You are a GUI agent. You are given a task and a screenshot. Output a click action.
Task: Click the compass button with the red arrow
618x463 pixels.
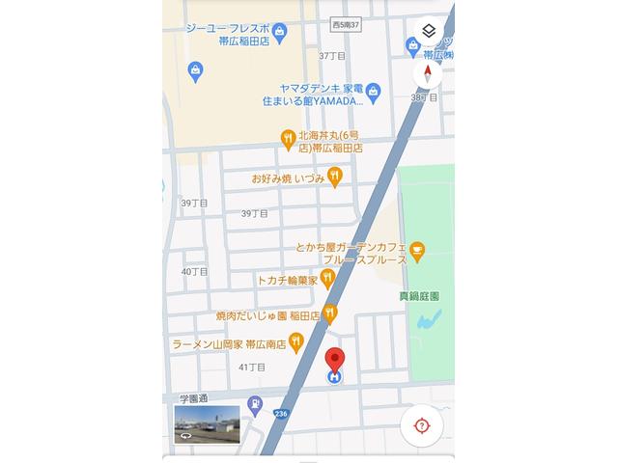428,74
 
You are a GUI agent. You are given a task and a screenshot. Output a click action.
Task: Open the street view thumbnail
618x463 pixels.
207,423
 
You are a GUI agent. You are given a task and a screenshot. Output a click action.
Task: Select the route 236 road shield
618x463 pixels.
280,414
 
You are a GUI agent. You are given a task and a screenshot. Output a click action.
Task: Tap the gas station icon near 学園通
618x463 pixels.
253,405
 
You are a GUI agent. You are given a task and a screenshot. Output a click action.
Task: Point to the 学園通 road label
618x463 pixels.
192,398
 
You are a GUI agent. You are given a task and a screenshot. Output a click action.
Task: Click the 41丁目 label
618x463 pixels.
251,367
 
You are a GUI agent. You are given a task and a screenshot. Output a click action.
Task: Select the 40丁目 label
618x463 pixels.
195,272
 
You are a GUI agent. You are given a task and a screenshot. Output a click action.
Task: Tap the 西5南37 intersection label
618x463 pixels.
344,23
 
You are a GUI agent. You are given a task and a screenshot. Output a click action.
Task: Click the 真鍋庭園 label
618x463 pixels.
419,297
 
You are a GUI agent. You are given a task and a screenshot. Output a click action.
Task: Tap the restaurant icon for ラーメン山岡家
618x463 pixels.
296,340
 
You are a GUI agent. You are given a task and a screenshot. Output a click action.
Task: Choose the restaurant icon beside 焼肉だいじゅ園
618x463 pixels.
330,313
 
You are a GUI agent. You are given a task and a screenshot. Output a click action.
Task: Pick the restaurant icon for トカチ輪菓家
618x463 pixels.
327,279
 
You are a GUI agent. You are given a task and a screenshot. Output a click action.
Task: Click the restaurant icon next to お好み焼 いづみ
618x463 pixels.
334,177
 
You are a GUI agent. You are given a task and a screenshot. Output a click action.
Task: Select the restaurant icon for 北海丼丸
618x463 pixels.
288,140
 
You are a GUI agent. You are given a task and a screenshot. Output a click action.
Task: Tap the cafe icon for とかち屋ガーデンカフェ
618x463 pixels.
417,253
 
